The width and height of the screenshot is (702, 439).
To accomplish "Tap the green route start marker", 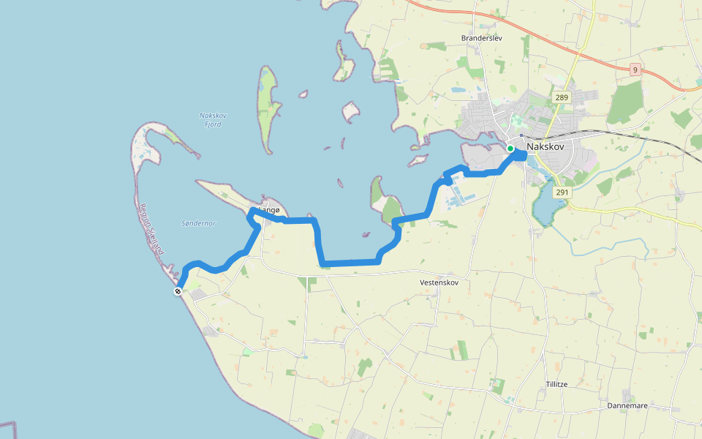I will pos(510,149).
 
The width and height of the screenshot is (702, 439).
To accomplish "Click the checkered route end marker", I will pos(178,291).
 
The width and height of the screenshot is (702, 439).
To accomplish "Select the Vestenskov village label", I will pos(439,282).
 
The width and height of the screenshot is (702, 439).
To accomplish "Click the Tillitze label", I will pos(556,384).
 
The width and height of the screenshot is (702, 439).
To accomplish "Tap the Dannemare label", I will pos(627,405).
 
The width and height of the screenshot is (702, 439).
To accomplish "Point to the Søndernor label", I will pos(197,223).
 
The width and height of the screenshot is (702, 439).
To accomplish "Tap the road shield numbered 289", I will pos(561,98).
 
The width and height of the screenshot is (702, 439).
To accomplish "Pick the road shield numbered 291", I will pos(562,192).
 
